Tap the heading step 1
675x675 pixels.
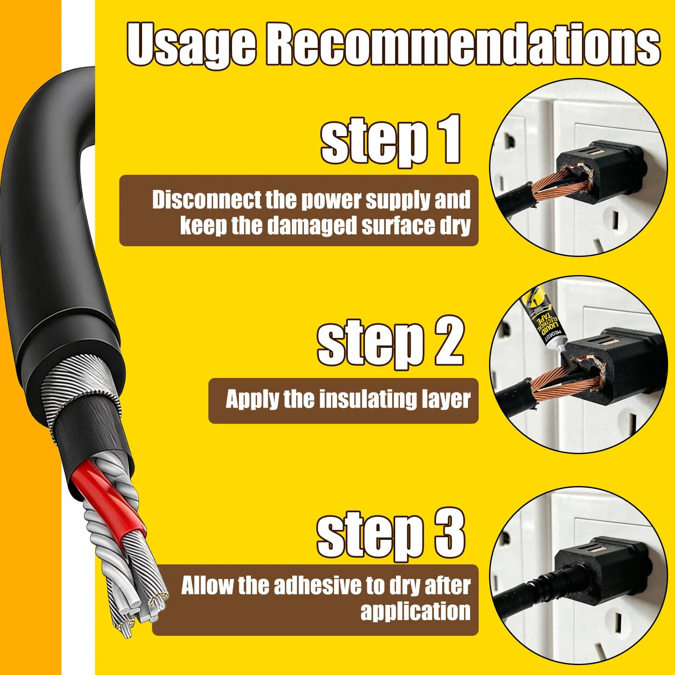coord(390,140)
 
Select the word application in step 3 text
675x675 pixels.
coord(415,612)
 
